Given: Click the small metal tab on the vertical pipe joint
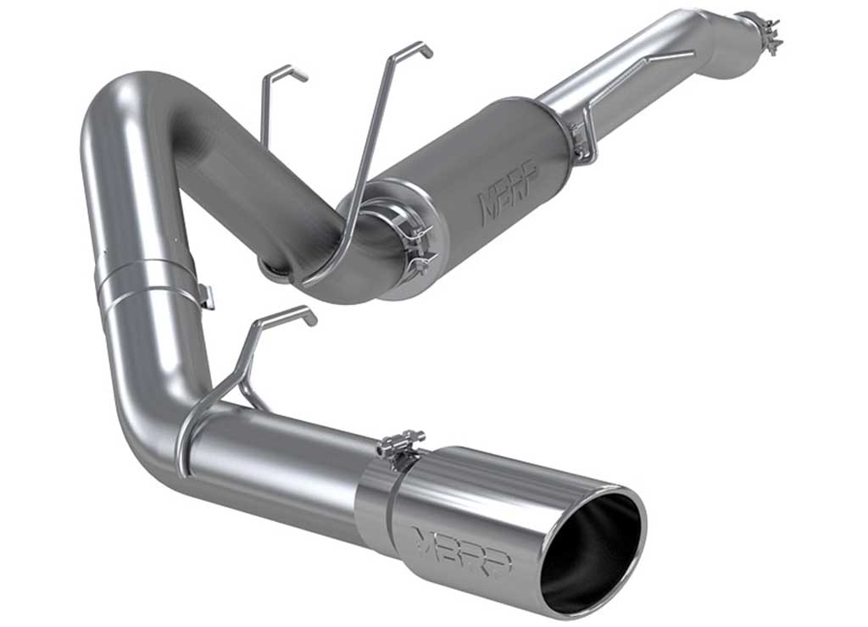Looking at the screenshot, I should (x=205, y=296).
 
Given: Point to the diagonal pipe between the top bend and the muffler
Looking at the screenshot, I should (x=254, y=178).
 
